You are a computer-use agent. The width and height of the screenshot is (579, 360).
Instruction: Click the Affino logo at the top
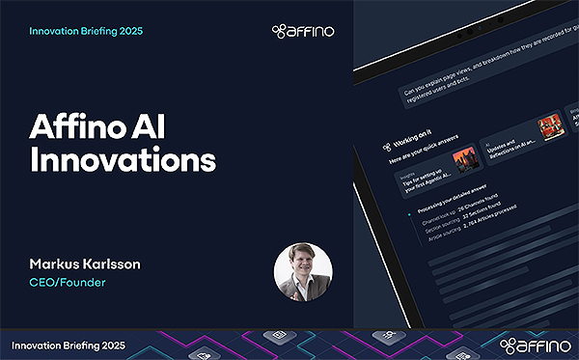click(304, 32)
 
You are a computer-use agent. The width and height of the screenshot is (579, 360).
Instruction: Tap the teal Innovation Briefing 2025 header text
click(87, 32)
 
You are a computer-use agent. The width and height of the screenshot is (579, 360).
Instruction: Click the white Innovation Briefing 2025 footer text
click(69, 345)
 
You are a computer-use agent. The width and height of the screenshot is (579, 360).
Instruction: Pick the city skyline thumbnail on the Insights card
click(464, 157)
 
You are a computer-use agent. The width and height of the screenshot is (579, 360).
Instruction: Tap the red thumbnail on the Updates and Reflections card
click(550, 127)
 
